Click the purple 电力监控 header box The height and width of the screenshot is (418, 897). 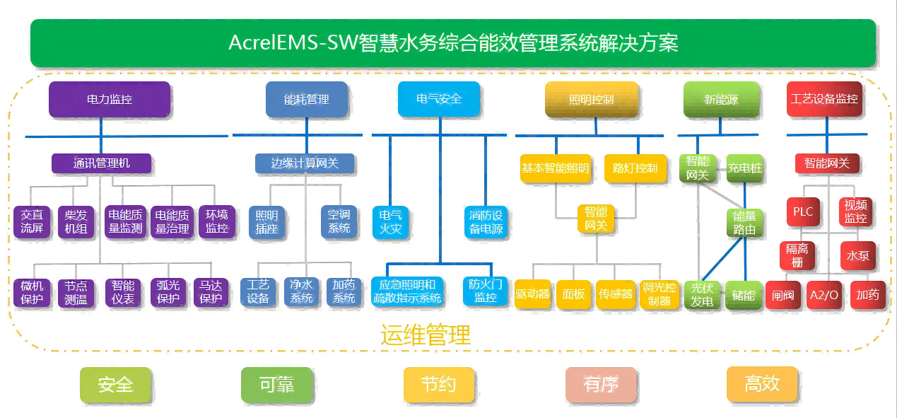[110, 99]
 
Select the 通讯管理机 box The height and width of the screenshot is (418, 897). [102, 163]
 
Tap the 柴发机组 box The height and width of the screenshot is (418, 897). [76, 221]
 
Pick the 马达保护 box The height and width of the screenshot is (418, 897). [211, 291]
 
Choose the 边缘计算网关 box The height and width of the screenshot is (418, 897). [305, 163]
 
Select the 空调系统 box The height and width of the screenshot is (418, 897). [339, 221]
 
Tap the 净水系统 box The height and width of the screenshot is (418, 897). [302, 291]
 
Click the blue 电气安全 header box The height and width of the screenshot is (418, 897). [439, 99]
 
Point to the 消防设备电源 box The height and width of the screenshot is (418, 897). [486, 221]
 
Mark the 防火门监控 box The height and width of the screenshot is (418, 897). [486, 291]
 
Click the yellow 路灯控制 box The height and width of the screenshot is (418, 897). [635, 168]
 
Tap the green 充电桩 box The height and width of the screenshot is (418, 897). [745, 168]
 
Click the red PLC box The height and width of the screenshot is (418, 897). [803, 211]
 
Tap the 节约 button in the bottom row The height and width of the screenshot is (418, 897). [438, 385]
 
